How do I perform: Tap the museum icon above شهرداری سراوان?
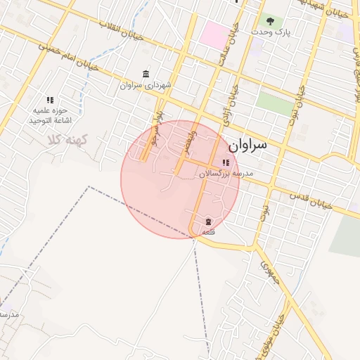pos(146,74)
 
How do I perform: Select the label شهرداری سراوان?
pos(146,85)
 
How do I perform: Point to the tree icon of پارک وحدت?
pos(270,20)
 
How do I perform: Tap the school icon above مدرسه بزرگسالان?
pos(225,162)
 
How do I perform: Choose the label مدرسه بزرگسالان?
pos(225,173)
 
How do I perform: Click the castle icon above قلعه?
pos(207,221)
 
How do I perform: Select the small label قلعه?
pos(208,231)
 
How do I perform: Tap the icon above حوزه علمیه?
pos(49,101)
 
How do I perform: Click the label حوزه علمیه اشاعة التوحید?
pos(47,116)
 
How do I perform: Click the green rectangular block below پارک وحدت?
pos(274,104)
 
